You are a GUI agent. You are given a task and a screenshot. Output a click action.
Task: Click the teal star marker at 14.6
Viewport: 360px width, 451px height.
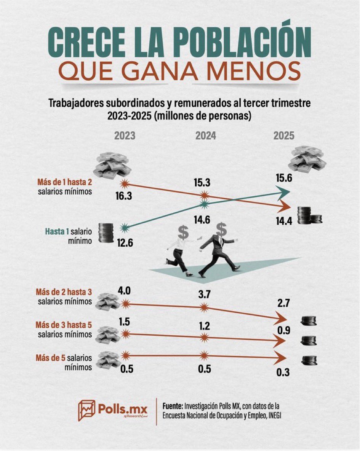[x=205, y=204]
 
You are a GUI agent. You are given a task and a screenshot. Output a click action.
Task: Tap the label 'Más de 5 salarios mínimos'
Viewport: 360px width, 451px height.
[x=64, y=363]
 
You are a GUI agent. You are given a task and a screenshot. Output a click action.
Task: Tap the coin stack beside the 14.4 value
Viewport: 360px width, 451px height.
[x=309, y=215]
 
